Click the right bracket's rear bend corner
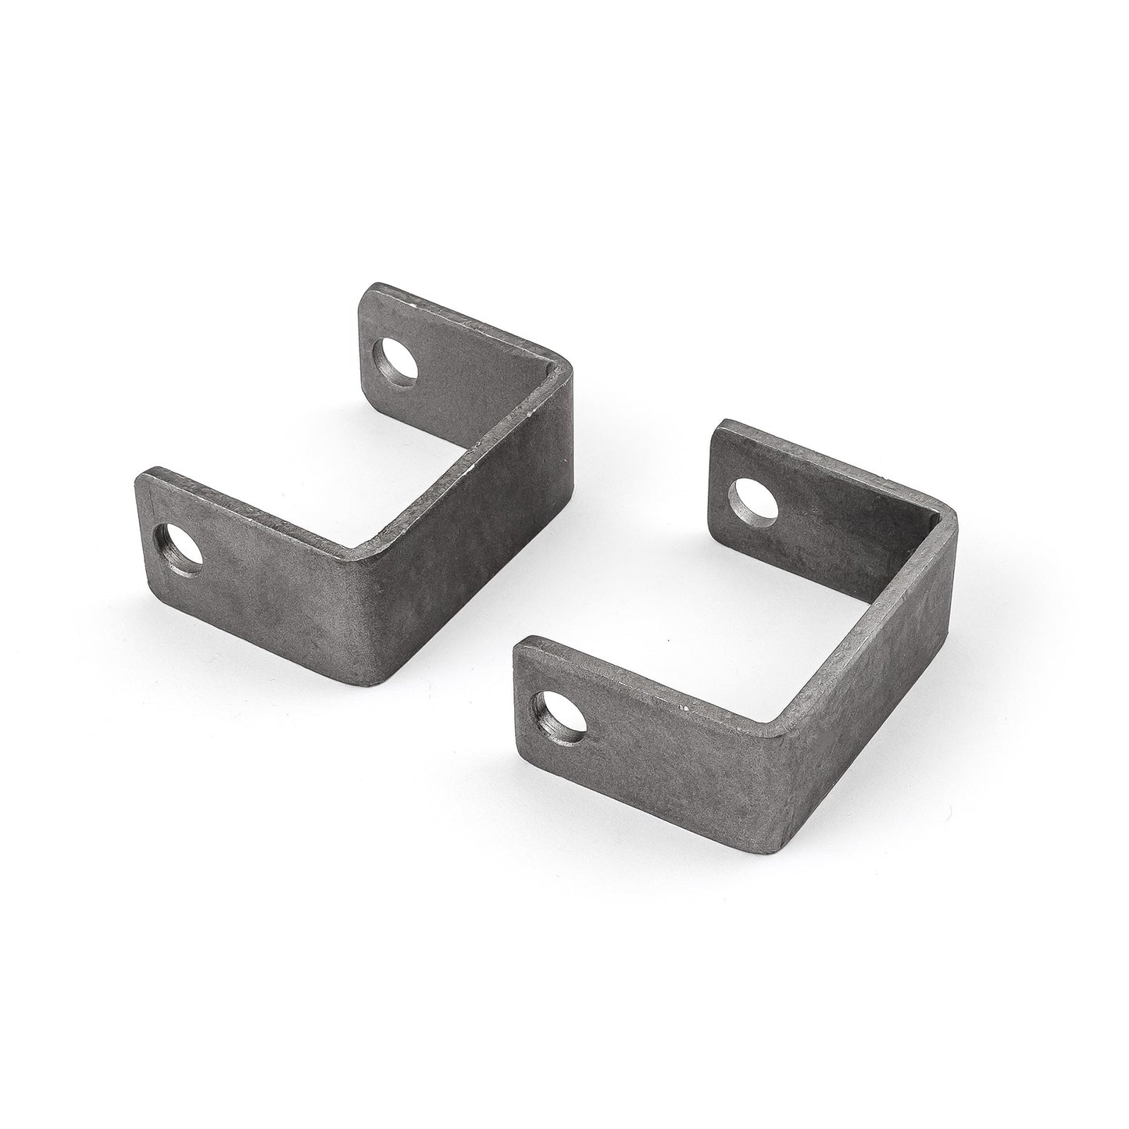pyautogui.click(x=949, y=512)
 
